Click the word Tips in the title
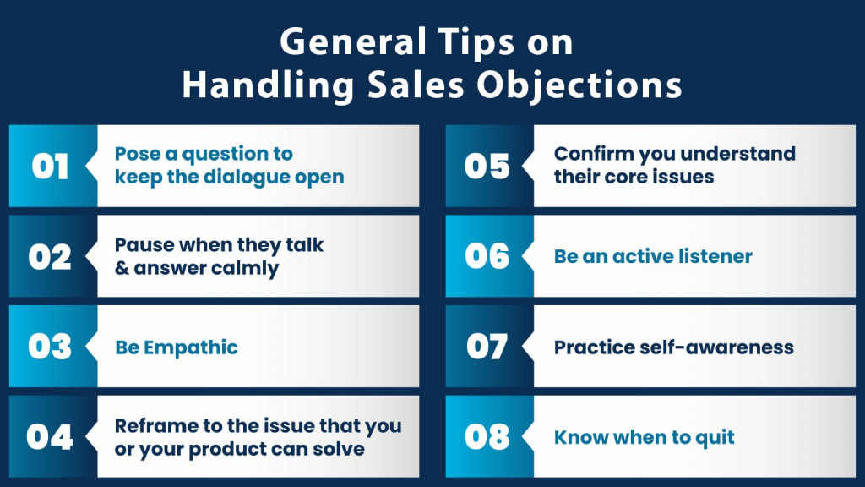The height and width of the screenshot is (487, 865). (476, 43)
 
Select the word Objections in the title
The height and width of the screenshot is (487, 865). (579, 86)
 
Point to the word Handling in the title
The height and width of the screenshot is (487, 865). (268, 86)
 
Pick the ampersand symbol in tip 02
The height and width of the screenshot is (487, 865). (122, 268)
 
